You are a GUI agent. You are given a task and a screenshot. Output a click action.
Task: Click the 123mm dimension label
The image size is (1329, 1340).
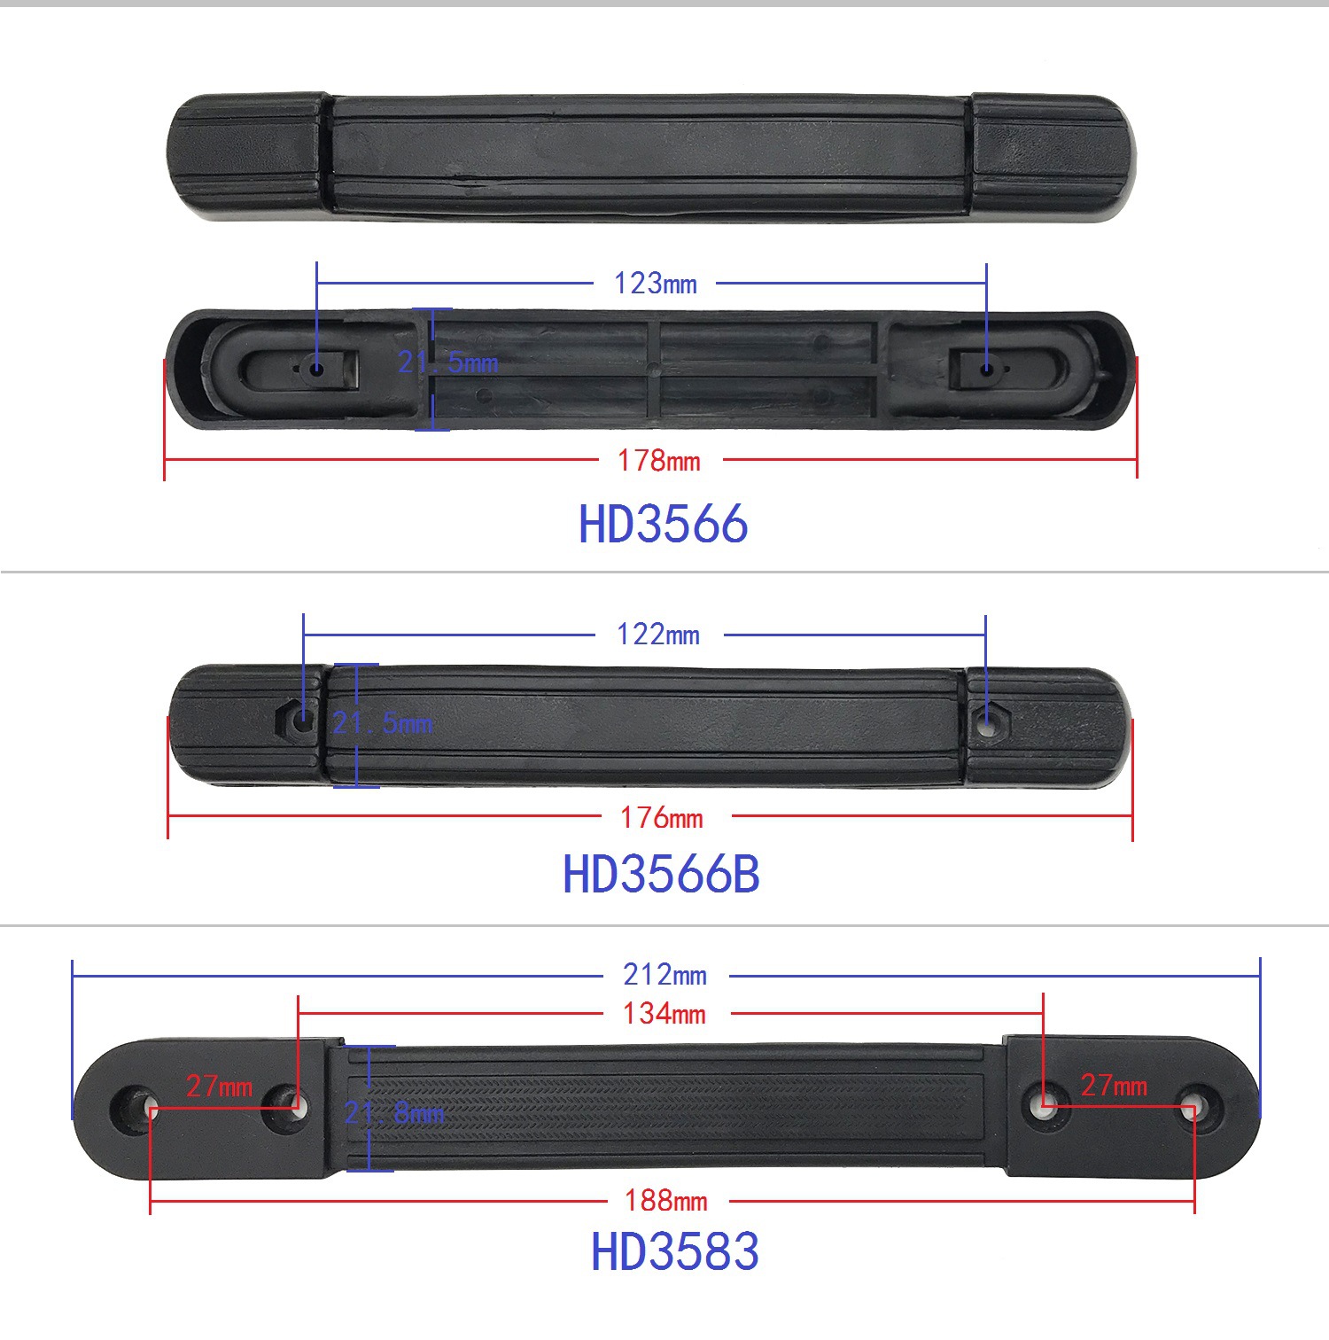click(x=656, y=284)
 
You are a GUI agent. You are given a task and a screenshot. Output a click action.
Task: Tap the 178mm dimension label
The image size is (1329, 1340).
click(x=659, y=461)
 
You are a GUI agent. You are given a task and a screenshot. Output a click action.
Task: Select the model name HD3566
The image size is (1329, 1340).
click(x=663, y=524)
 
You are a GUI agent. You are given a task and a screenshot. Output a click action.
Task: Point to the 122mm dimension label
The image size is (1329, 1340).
click(x=658, y=635)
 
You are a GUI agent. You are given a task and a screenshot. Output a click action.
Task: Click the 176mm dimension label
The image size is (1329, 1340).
click(x=662, y=817)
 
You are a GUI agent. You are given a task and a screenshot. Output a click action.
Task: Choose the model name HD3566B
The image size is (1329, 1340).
click(x=661, y=874)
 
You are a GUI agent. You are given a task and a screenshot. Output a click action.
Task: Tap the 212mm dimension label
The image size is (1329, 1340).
click(x=664, y=975)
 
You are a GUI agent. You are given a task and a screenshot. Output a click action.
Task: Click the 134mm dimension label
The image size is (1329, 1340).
click(x=664, y=1013)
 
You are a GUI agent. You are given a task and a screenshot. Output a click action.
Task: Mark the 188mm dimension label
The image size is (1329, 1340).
click(x=666, y=1201)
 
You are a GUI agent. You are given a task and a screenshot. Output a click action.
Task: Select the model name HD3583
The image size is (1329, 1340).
click(x=675, y=1251)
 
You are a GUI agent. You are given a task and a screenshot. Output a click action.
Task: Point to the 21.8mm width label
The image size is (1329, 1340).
click(x=394, y=1112)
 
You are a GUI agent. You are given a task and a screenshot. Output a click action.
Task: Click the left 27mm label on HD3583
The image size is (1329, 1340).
click(x=220, y=1086)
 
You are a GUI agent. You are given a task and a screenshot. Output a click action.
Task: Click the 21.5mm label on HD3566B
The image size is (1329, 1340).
click(x=383, y=723)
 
